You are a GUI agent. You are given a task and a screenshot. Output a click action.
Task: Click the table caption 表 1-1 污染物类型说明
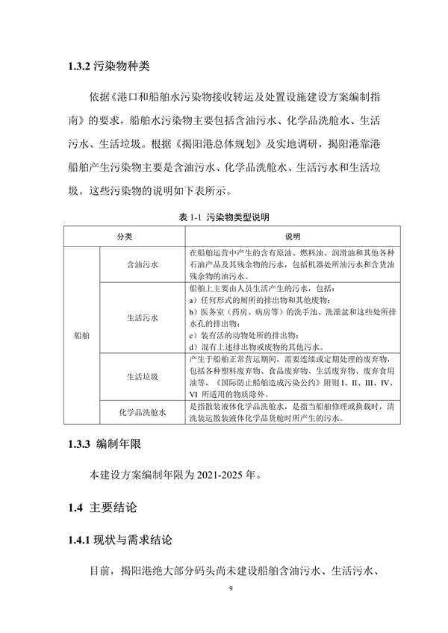[224, 217]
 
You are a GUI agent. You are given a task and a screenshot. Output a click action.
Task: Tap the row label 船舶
[81, 337]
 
